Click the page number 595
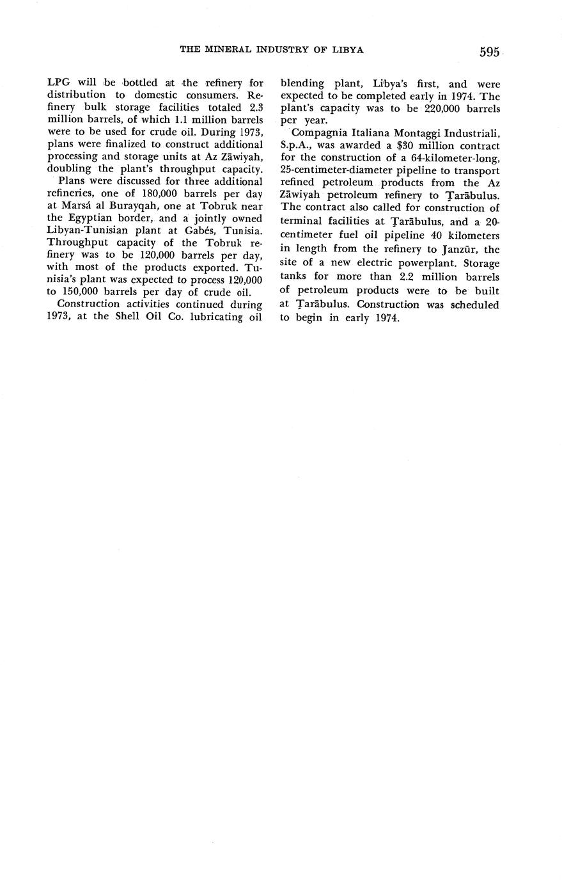(488, 52)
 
